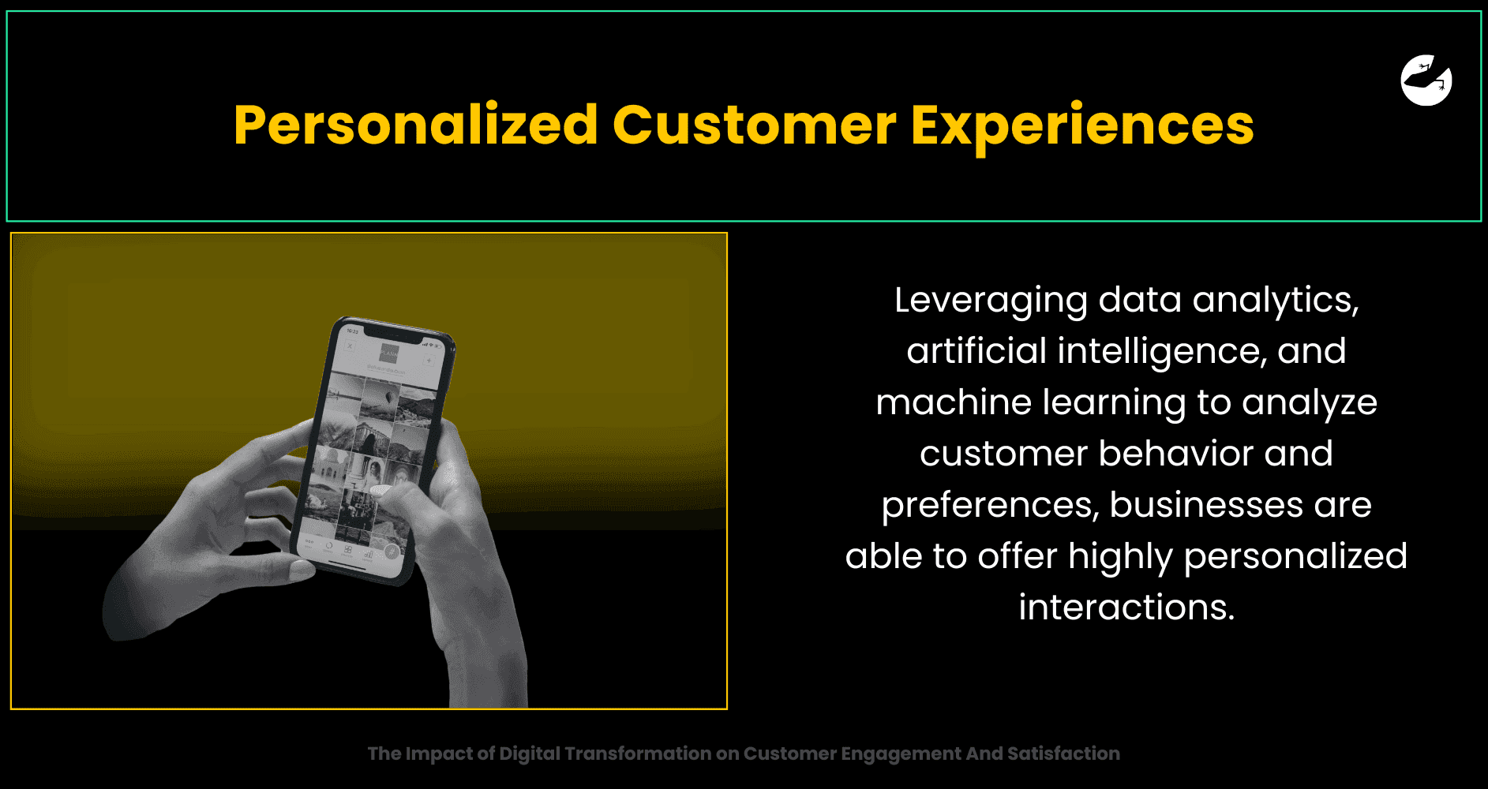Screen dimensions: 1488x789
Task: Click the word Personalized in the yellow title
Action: point(416,126)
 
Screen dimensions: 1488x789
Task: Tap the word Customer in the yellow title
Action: point(755,126)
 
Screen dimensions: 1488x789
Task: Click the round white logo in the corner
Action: point(1426,80)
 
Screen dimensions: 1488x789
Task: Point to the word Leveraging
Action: point(991,301)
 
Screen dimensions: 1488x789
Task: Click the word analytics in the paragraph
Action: point(1276,301)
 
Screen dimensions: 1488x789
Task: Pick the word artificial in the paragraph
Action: point(976,350)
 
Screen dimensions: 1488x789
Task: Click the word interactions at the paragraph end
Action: point(1126,608)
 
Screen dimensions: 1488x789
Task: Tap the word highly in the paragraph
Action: point(1120,557)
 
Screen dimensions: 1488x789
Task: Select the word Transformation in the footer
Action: point(639,753)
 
